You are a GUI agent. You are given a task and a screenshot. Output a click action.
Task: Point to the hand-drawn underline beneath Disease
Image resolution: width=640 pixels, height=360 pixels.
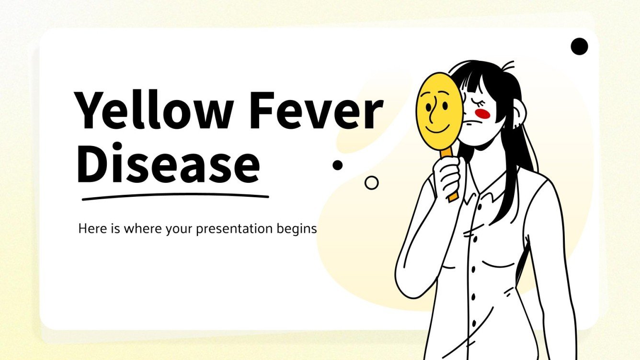click(175, 196)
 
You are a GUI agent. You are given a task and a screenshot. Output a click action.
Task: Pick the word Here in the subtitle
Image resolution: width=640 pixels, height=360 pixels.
click(89, 229)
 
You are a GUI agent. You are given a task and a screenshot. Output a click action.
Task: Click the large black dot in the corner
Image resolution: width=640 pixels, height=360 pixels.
click(579, 46)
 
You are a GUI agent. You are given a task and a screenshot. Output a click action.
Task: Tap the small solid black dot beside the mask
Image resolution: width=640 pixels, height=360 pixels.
click(338, 165)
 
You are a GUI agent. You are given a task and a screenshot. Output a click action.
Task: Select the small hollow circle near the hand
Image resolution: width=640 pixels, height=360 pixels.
click(371, 182)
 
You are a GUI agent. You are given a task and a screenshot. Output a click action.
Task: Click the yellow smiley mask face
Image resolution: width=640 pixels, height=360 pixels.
click(439, 110)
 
